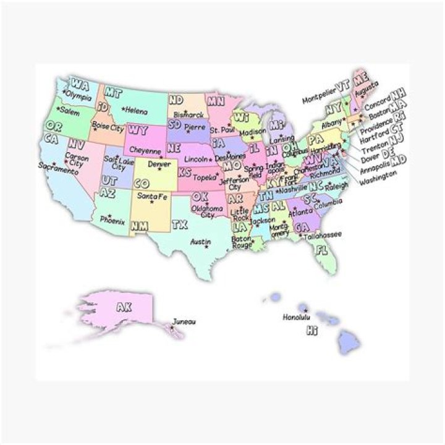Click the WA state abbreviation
pyautogui.click(x=80, y=84)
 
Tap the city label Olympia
pyautogui.click(x=78, y=96)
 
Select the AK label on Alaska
pyautogui.click(x=124, y=307)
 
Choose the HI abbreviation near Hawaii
pyautogui.click(x=312, y=332)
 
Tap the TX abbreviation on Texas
pyautogui.click(x=180, y=224)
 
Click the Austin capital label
pyautogui.click(x=200, y=242)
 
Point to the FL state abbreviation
pyautogui.click(x=321, y=250)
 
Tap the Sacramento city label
pyautogui.click(x=58, y=169)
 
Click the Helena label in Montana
pyautogui.click(x=136, y=111)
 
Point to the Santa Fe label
pyautogui.click(x=152, y=197)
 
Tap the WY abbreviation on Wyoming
pyautogui.click(x=137, y=130)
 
